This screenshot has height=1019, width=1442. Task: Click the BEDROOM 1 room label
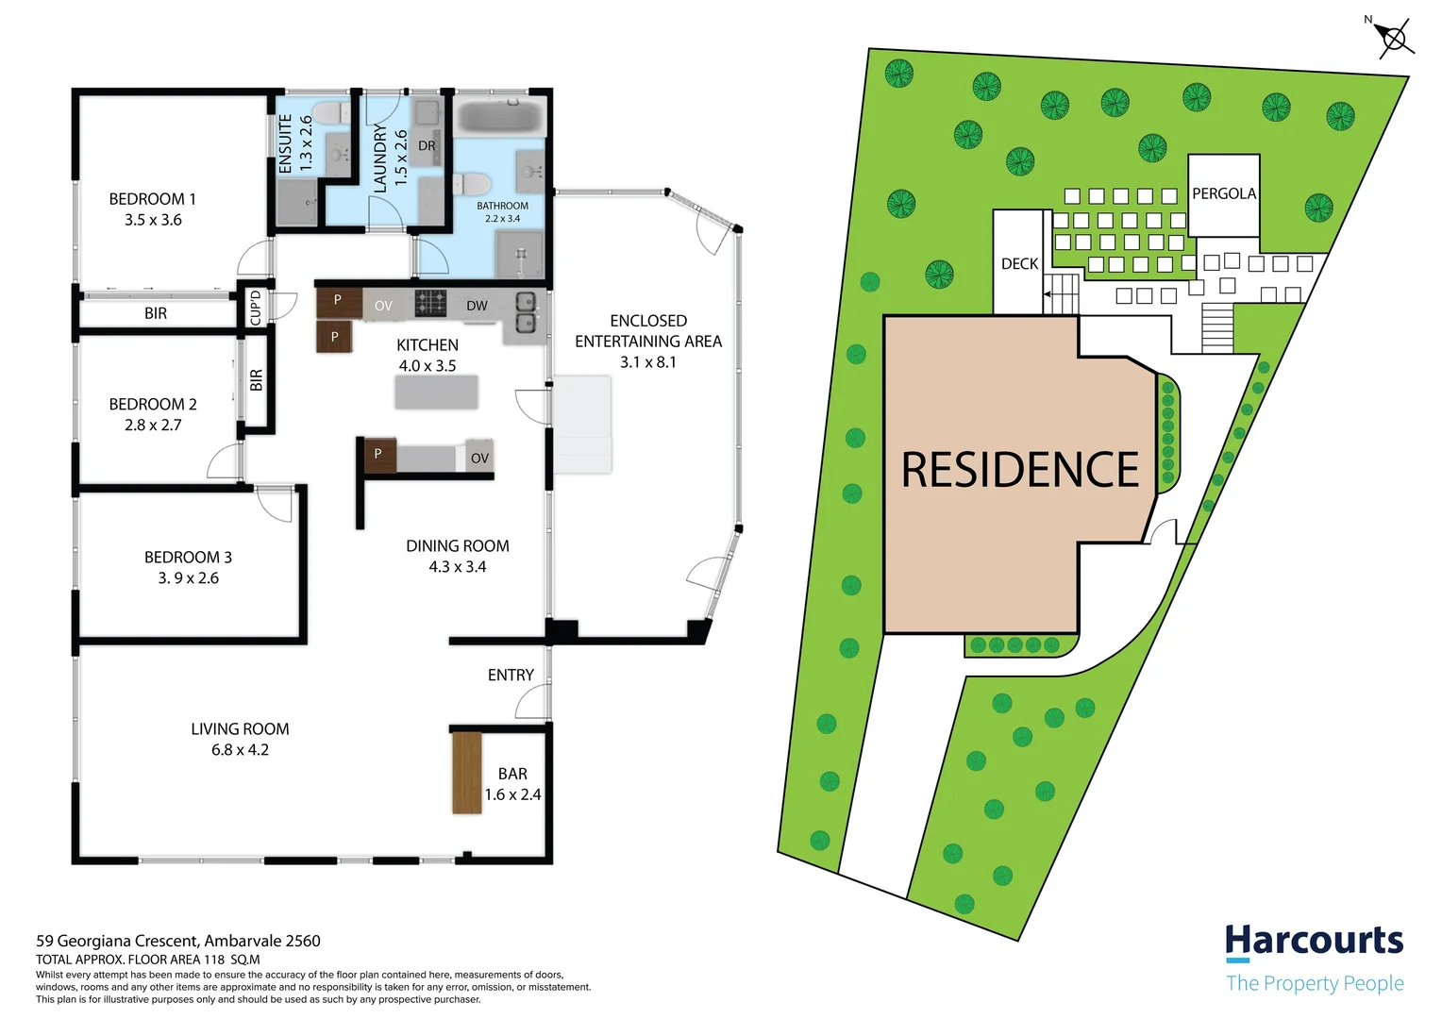(x=152, y=199)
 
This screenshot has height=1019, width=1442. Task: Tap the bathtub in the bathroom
(x=499, y=118)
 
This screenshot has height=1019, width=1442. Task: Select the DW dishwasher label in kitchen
(x=477, y=306)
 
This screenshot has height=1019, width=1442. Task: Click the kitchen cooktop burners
(x=430, y=303)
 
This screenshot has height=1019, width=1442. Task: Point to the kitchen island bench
(x=436, y=392)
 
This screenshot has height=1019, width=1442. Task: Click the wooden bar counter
(x=467, y=772)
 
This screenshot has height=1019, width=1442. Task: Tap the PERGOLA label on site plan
(x=1223, y=193)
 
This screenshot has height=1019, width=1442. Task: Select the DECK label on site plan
(x=1019, y=264)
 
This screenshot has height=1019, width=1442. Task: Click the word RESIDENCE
(x=1019, y=470)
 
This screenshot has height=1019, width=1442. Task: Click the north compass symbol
(x=1393, y=39)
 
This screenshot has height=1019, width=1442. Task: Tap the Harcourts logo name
(x=1314, y=941)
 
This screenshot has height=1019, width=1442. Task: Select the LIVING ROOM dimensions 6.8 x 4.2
(x=240, y=750)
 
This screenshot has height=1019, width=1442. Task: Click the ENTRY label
(x=511, y=675)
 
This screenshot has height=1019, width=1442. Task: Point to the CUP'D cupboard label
(x=255, y=308)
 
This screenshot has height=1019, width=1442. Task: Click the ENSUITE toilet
(x=327, y=114)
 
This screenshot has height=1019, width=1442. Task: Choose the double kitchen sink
(x=526, y=313)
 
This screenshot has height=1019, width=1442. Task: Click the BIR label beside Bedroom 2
(x=256, y=380)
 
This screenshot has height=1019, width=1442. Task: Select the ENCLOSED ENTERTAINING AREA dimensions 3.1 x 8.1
(x=647, y=362)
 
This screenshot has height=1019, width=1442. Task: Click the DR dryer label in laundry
(x=427, y=146)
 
